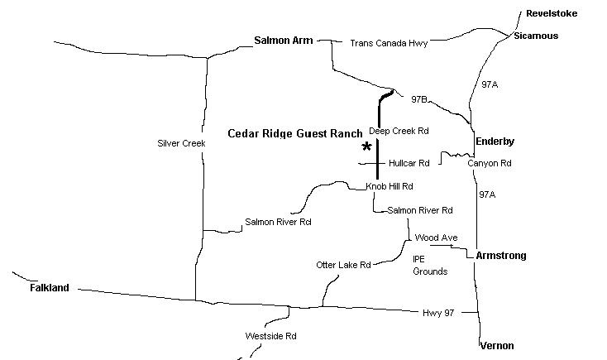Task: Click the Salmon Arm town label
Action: pos(284,39)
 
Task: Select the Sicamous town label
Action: pos(535,36)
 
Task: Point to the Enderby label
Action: pos(495,142)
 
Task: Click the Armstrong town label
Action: pos(501,256)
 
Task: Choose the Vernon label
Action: pos(496,345)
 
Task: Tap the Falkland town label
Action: pos(50,288)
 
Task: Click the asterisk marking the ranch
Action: pos(366,147)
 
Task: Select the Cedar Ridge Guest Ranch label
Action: pos(294,133)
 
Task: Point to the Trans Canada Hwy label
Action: pos(389,43)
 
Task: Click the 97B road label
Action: pos(419,99)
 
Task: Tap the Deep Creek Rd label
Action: pos(399,131)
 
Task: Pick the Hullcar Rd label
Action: pos(409,163)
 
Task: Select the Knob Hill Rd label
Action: pos(390,186)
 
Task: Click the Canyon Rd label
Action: pos(490,163)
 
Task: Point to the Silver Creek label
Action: pos(180,143)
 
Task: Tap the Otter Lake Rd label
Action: pos(343,265)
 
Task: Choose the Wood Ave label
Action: pos(436,238)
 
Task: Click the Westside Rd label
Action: pos(270,336)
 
